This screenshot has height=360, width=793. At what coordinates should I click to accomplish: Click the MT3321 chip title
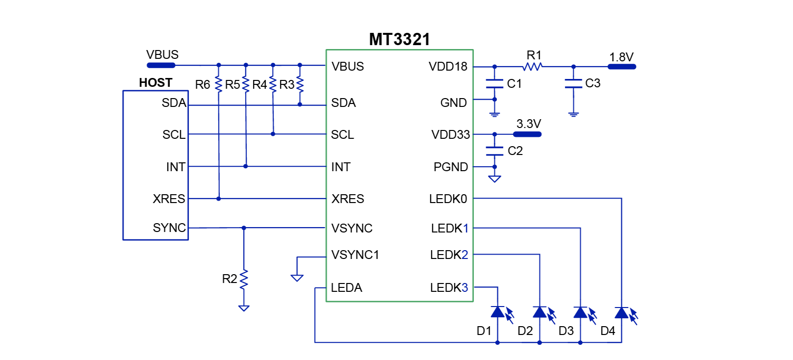(x=399, y=39)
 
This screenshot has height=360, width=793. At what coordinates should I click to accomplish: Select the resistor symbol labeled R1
(x=533, y=66)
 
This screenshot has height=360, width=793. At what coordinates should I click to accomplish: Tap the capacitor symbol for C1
(x=494, y=83)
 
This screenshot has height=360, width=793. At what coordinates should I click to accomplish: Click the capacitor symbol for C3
(x=573, y=83)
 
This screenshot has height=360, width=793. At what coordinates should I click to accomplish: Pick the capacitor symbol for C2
(x=494, y=151)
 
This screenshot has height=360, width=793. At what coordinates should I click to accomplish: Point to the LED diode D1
(x=498, y=312)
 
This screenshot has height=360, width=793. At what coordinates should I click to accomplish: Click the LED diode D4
(x=621, y=312)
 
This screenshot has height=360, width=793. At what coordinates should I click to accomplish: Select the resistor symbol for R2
(x=244, y=279)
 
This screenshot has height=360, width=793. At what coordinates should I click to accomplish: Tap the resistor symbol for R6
(x=219, y=84)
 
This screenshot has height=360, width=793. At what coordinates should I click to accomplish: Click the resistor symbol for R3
(x=300, y=84)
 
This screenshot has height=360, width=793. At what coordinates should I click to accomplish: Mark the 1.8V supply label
(x=621, y=57)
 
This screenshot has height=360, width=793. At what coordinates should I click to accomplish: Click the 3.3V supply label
(x=528, y=124)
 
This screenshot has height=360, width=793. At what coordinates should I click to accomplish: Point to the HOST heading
(x=155, y=82)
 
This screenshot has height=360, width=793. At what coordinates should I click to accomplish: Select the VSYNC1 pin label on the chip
(x=355, y=255)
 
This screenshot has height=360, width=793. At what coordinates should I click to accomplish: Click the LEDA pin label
(x=346, y=287)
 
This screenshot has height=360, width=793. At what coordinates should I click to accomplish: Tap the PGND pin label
(x=450, y=167)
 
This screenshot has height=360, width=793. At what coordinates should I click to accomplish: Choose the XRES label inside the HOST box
(x=169, y=199)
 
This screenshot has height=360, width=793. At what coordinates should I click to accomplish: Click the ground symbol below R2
(x=244, y=308)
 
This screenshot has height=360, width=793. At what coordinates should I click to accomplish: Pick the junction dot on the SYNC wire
(x=244, y=228)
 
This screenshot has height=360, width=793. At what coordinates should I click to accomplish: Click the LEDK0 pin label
(x=448, y=199)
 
